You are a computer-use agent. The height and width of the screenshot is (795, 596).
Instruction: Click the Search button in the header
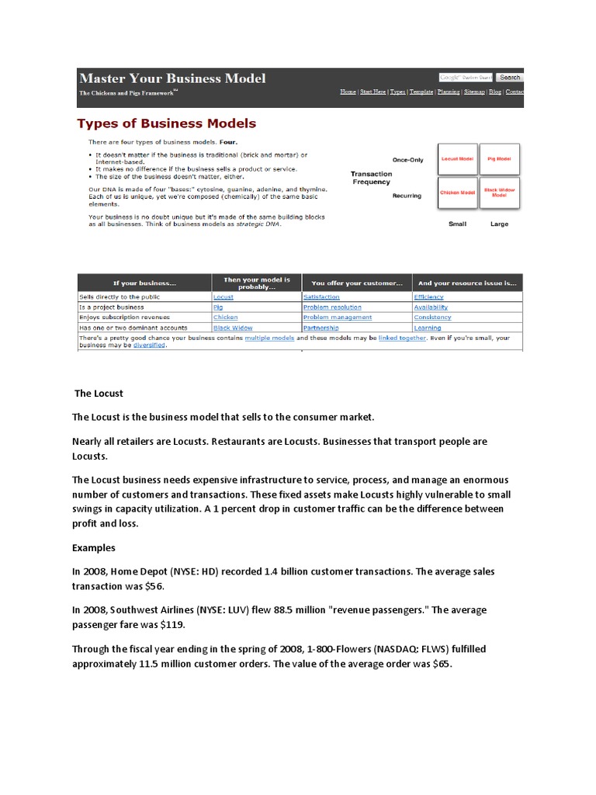510,78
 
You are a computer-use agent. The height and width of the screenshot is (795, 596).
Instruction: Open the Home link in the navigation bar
348,92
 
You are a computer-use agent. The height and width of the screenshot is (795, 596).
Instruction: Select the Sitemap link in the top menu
473,92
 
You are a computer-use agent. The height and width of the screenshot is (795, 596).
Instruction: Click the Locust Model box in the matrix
457,158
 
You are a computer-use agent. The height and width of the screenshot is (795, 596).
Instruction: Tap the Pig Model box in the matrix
498,158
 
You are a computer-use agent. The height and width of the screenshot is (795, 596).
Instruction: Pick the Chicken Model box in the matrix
457,193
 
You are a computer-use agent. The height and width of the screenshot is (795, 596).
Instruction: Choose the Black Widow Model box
498,193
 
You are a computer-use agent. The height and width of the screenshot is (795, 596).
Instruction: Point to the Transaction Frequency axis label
372,178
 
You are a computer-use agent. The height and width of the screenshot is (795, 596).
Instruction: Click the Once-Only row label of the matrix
407,160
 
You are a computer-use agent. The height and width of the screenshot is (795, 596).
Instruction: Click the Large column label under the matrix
499,224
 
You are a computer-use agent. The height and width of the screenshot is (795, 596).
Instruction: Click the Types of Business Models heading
166,123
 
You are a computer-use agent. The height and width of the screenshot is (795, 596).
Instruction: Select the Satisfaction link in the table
321,297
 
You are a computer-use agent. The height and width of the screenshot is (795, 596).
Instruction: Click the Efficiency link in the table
428,297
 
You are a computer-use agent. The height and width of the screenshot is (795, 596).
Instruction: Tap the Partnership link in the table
321,328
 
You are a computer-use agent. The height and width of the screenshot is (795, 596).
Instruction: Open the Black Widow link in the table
233,328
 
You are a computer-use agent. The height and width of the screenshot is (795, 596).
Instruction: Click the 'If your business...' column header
144,283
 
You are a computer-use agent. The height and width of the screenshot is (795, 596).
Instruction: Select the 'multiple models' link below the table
268,338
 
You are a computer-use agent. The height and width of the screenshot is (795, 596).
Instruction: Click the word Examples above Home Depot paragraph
94,547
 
